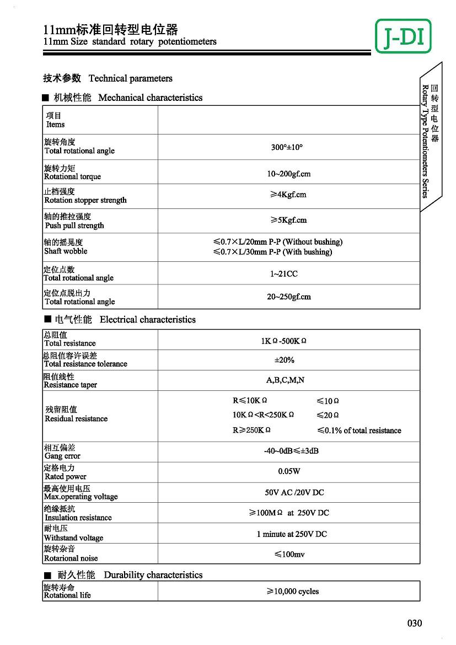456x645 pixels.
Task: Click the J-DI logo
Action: point(403,36)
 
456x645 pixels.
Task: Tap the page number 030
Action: point(415,623)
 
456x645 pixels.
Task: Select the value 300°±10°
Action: point(287,148)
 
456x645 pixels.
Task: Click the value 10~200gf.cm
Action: point(289,174)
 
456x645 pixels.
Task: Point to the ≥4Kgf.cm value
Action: point(288,195)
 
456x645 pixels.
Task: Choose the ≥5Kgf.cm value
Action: point(288,220)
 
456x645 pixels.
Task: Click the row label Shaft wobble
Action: point(66,251)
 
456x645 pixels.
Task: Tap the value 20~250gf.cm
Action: point(289,297)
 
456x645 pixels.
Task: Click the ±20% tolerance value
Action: point(285,360)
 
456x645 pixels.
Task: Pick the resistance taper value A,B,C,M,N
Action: point(285,380)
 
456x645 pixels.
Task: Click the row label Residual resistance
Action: point(76,419)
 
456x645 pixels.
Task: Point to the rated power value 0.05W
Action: point(289,471)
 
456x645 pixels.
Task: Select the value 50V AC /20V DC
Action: point(294,492)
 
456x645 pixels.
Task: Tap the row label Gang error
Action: point(62,456)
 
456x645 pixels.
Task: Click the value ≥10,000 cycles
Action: point(293,591)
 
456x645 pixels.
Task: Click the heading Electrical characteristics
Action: point(148,320)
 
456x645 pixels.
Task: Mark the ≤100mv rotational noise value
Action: point(289,554)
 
